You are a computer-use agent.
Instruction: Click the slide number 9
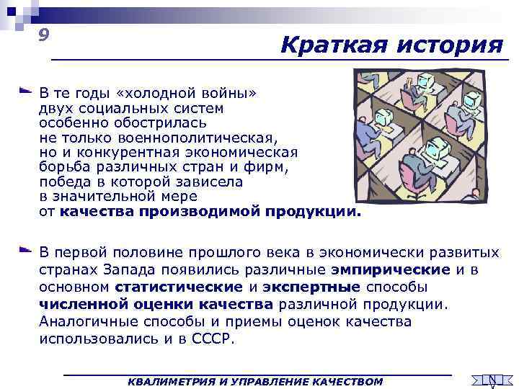coord(45,35)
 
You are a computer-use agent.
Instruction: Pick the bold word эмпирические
coord(391,270)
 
